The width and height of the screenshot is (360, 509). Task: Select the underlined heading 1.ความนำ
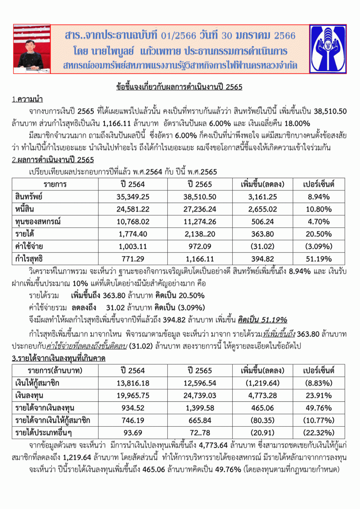[29, 100]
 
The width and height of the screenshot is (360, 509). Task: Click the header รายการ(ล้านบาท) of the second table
[55, 370]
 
